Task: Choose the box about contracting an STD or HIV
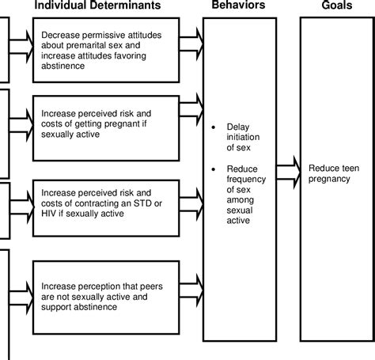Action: [104, 202]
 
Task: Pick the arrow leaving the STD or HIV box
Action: [191, 191]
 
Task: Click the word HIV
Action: [48, 212]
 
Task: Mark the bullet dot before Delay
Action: [214, 127]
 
